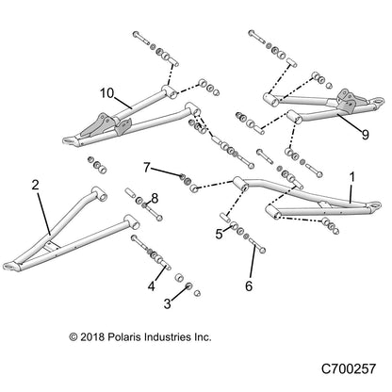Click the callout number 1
click(x=352, y=177)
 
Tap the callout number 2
click(x=35, y=185)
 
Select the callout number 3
click(x=168, y=303)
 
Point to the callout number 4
click(x=152, y=286)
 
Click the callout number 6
click(x=249, y=286)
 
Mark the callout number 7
click(x=147, y=168)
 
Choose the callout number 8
click(x=155, y=199)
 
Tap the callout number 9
click(x=365, y=135)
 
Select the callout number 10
click(x=106, y=93)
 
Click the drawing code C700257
click(x=349, y=368)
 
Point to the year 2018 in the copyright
click(x=92, y=337)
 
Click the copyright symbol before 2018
click(x=73, y=337)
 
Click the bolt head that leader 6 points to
click(x=262, y=250)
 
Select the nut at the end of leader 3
click(x=189, y=286)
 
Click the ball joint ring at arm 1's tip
click(x=375, y=205)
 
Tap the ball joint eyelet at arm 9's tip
click(x=378, y=101)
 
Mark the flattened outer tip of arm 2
click(x=10, y=266)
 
